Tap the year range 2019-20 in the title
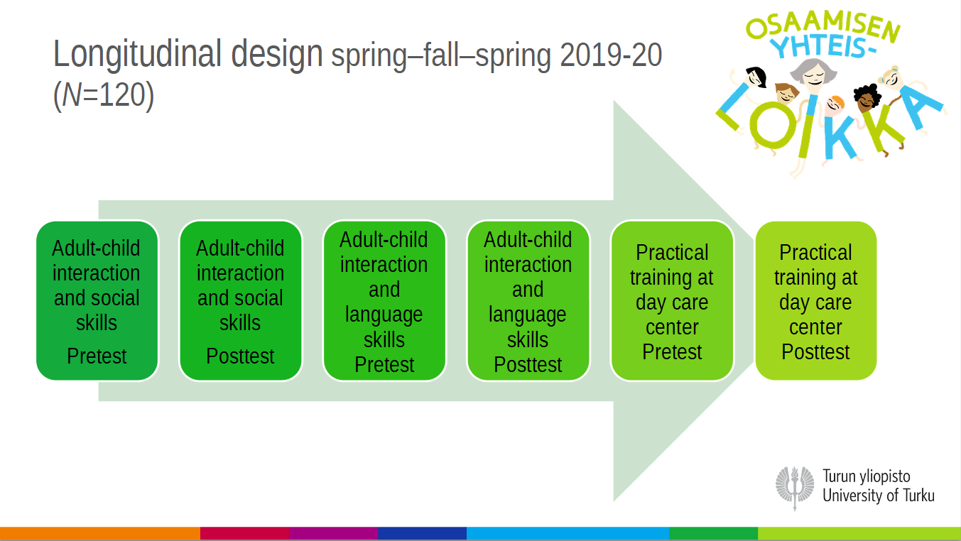coord(611,55)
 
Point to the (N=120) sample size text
coord(104,95)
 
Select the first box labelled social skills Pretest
coord(97,300)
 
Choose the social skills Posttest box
coord(241,300)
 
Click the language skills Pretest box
coord(384,300)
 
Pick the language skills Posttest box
coord(528,300)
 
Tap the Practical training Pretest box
coord(672,300)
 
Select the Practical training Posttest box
coord(816,300)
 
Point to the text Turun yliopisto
coord(867,476)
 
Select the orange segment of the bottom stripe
coord(100,533)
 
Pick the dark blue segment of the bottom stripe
coord(422,533)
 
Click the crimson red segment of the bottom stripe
coord(244,533)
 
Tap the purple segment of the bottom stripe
coord(333,533)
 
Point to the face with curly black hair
coord(867,97)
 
